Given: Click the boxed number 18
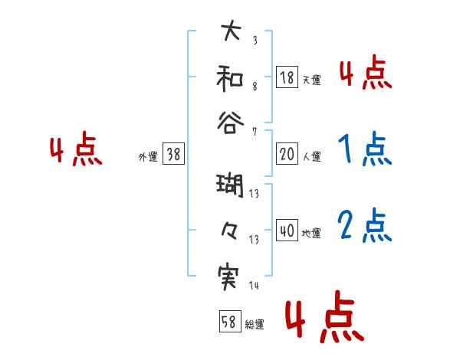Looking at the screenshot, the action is coord(287,77).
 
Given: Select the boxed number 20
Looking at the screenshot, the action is coord(287,154).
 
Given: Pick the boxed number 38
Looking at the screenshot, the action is coord(173,154).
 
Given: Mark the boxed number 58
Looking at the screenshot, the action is coord(228,322).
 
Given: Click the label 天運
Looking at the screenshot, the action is coord(311,80).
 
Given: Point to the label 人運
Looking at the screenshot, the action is coord(311,156).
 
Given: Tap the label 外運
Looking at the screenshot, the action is coord(147,156).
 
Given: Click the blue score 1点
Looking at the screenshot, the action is coord(364,150).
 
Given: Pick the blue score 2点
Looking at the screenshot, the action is coord(364,227).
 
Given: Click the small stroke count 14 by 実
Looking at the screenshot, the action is coord(254,286).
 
